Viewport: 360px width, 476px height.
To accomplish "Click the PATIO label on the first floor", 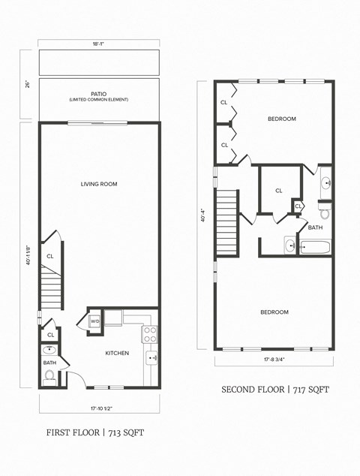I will click(98, 94).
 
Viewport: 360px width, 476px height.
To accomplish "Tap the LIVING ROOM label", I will click(99, 184).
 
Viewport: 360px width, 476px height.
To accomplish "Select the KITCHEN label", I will click(117, 353).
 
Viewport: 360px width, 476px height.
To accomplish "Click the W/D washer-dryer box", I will click(95, 322).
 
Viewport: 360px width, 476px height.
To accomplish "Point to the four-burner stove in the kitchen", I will click(150, 333).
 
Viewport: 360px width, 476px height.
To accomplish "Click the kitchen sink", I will click(151, 358).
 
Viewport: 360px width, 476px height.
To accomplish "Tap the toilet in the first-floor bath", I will click(50, 375).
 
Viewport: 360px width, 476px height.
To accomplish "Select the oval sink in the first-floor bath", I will click(49, 350).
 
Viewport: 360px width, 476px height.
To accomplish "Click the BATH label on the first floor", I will click(49, 363).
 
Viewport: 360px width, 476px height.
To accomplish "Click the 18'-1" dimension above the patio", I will click(99, 44).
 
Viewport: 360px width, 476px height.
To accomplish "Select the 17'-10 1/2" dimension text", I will click(98, 409).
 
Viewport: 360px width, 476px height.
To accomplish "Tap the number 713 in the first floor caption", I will click(116, 432).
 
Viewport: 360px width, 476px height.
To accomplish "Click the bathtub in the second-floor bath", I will click(315, 246).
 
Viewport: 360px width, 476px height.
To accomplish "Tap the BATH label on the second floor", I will click(315, 227).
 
